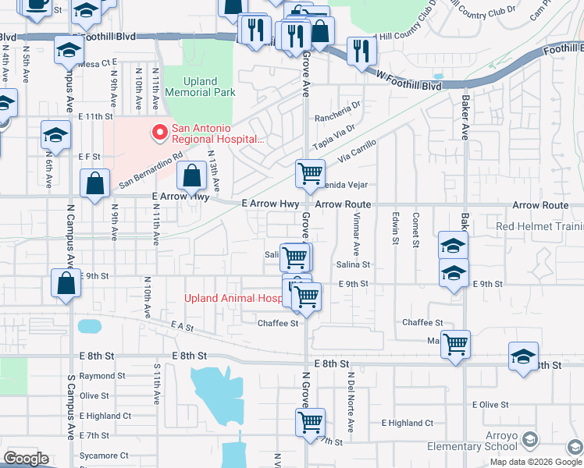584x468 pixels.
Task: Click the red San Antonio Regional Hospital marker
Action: [x=160, y=133]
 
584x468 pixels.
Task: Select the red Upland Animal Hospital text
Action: [x=233, y=298]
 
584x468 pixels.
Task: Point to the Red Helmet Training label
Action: [x=539, y=227]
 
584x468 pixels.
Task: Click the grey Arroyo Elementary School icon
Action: [x=530, y=440]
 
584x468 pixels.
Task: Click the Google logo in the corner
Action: [x=26, y=459]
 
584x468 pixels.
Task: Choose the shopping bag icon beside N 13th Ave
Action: [x=192, y=176]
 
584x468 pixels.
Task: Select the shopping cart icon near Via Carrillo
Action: [x=310, y=173]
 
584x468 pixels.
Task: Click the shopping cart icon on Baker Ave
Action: [x=455, y=343]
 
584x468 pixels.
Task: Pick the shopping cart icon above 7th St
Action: [x=310, y=423]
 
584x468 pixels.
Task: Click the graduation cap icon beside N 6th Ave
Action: [x=55, y=135]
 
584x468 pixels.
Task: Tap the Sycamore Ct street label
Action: [x=103, y=456]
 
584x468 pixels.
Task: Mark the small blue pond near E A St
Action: [x=90, y=325]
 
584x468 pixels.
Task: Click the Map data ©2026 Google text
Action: [x=536, y=462]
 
